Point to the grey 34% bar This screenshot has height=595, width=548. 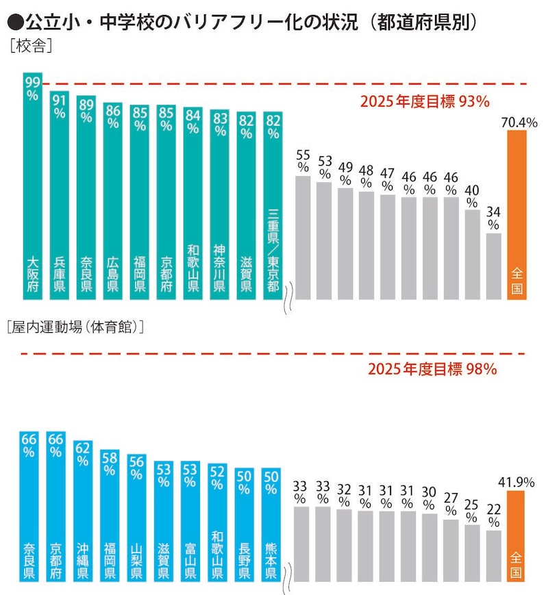coord(494,266)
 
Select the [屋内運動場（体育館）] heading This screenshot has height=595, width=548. coord(75,327)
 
